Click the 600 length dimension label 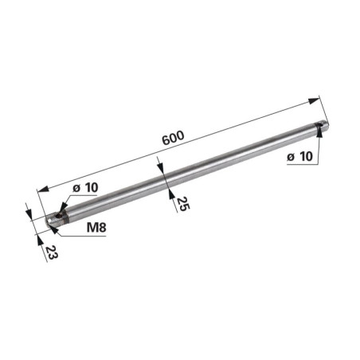(173, 138)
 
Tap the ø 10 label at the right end (299, 157)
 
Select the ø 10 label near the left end (85, 188)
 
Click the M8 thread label (96, 227)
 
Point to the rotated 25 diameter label (182, 204)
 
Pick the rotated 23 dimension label (51, 252)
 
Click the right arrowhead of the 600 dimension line (314, 101)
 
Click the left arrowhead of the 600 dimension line (43, 189)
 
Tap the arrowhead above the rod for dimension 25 (160, 166)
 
